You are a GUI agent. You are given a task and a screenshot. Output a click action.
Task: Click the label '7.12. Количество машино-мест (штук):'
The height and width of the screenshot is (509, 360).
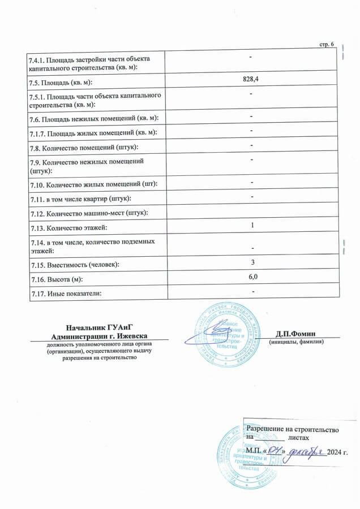[x=89, y=213]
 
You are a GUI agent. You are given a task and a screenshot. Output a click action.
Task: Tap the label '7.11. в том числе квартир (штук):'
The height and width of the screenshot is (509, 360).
[x=80, y=199]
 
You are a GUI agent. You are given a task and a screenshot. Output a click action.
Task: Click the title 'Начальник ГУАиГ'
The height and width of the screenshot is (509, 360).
[x=99, y=327]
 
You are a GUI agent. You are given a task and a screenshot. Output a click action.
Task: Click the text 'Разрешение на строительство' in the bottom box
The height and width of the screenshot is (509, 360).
[x=292, y=429]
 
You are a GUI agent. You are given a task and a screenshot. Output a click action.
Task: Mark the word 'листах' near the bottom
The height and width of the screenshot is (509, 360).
[x=298, y=438]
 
